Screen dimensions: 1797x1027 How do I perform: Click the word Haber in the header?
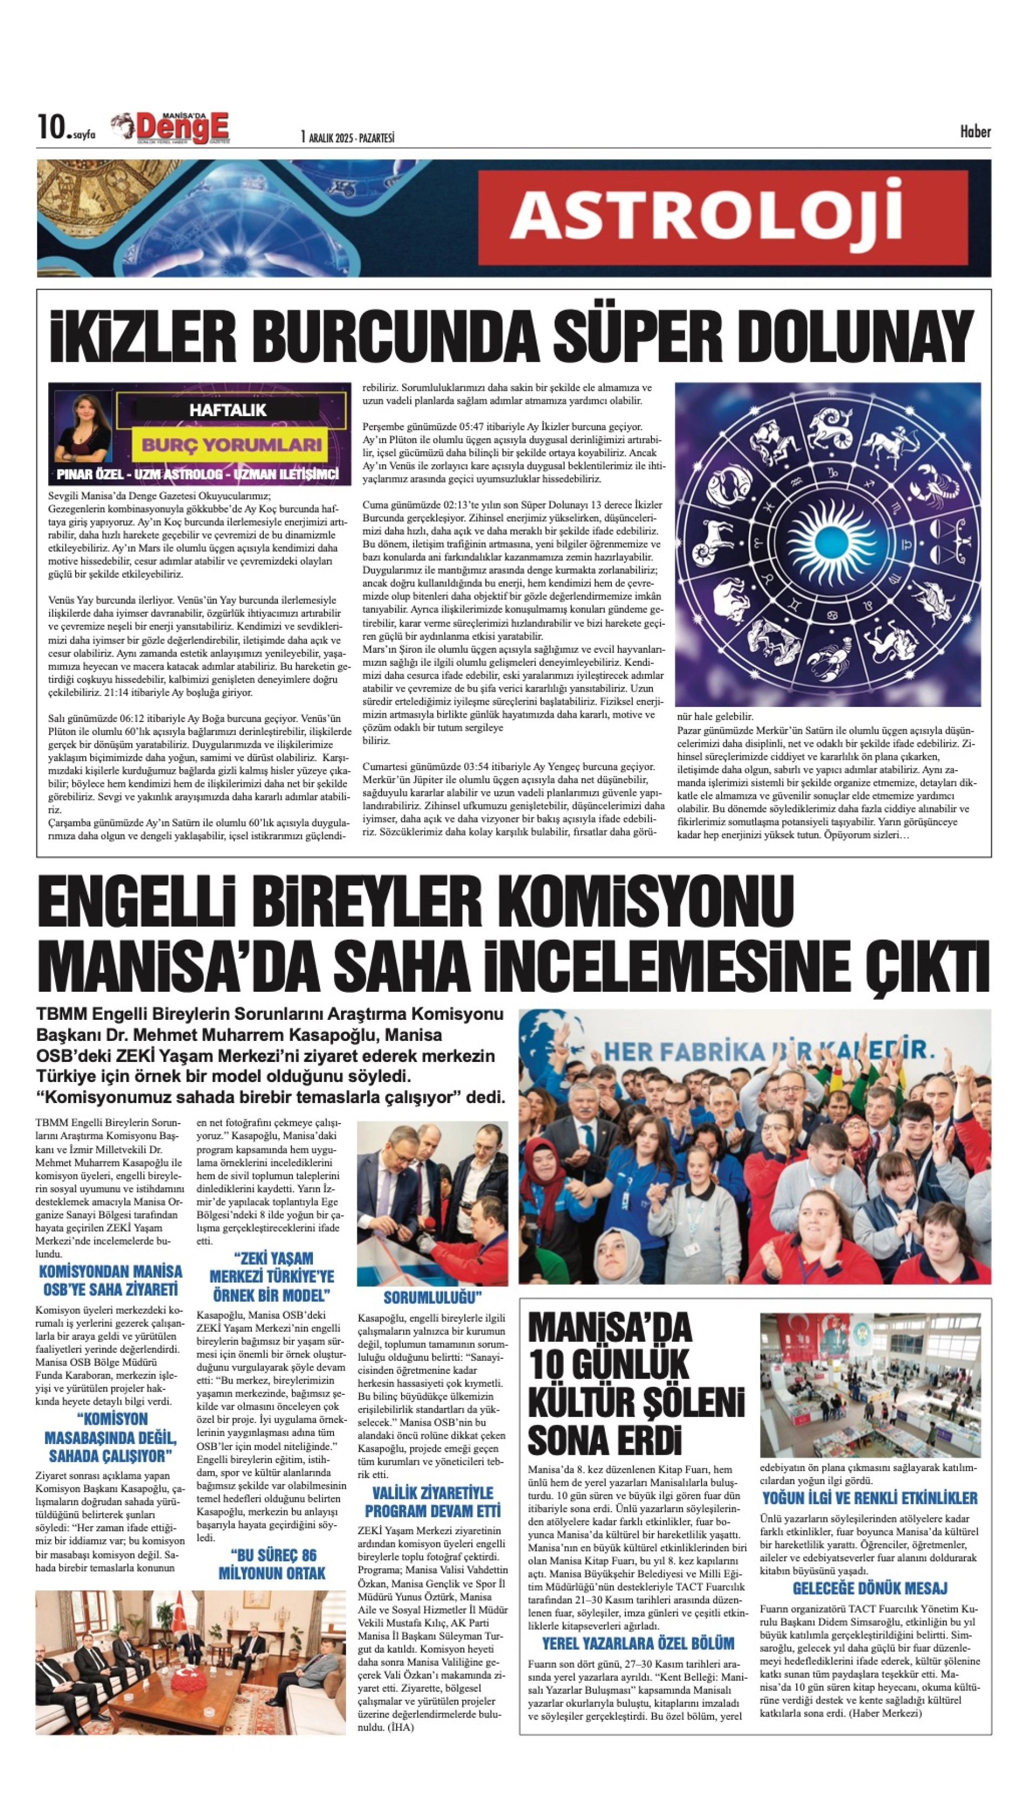click(x=975, y=131)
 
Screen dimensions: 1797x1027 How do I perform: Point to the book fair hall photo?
click(x=870, y=1385)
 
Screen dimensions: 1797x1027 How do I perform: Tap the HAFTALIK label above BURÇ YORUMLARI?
click(x=227, y=410)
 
